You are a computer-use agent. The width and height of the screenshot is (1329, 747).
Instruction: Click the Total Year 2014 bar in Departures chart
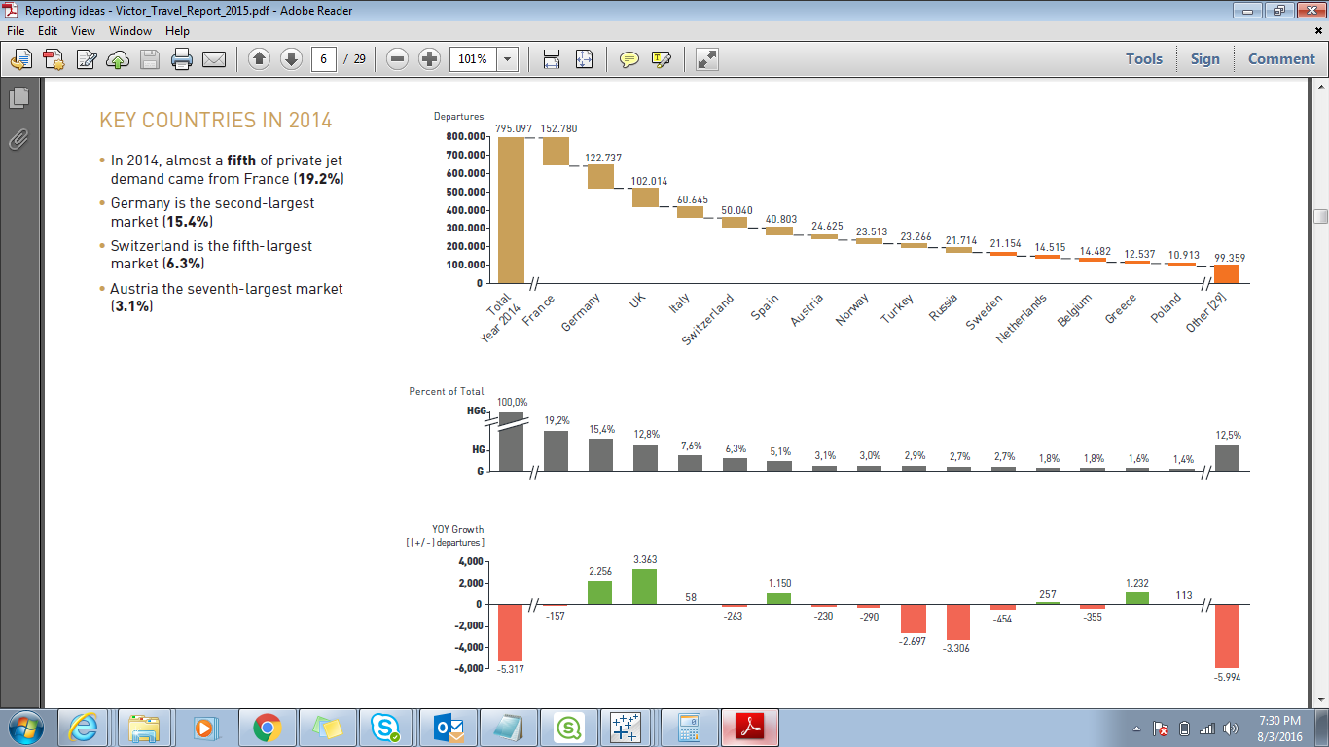click(x=511, y=209)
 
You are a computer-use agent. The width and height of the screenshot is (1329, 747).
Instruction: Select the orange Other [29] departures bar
click(x=1226, y=273)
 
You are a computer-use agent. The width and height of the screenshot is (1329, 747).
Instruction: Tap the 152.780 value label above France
click(x=558, y=128)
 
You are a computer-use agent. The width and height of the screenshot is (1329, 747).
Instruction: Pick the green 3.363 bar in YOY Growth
click(x=645, y=587)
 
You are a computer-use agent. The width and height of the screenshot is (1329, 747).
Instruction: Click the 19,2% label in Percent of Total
click(x=557, y=420)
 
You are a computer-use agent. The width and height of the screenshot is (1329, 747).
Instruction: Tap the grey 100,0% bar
click(x=511, y=442)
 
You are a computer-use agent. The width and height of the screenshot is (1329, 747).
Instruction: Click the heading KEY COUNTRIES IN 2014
click(x=216, y=121)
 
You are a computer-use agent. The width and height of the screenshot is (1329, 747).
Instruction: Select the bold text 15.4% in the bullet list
click(x=188, y=222)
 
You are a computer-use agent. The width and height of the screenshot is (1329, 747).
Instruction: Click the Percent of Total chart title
click(x=447, y=391)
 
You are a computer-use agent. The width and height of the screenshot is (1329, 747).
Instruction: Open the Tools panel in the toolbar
click(x=1144, y=58)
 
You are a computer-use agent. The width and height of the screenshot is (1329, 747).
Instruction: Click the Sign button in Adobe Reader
click(x=1204, y=58)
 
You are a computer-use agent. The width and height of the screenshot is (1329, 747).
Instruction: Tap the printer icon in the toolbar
click(x=182, y=59)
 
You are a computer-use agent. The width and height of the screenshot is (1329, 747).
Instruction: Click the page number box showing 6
click(x=324, y=59)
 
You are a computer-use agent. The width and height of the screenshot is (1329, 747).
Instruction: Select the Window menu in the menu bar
click(x=129, y=31)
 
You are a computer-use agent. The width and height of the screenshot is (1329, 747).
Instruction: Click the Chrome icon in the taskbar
click(x=267, y=727)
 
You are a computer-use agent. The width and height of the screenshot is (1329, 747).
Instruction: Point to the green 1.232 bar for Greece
click(x=1137, y=598)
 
